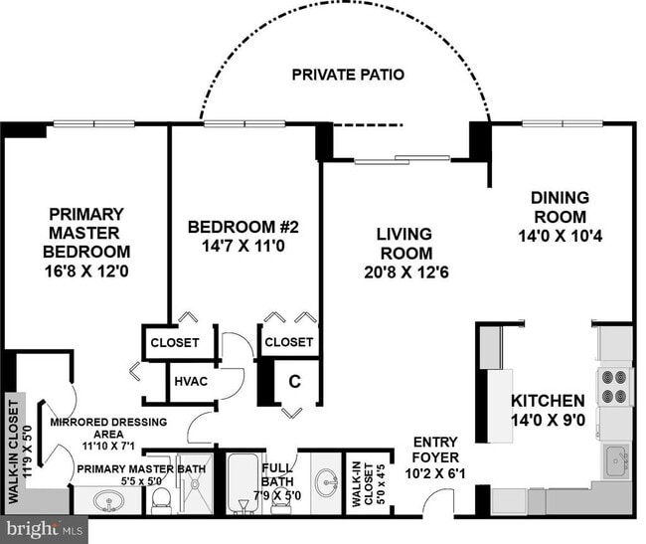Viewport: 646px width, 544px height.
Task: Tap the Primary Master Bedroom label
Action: pos(86,233)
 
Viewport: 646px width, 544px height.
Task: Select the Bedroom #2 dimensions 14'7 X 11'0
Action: pos(242,246)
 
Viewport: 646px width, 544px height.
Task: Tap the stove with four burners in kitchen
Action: pos(614,387)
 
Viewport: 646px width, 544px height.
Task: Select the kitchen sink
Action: pos(616,460)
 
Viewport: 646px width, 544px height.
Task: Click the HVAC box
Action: pos(190,381)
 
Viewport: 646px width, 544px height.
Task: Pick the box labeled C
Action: pos(294,380)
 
